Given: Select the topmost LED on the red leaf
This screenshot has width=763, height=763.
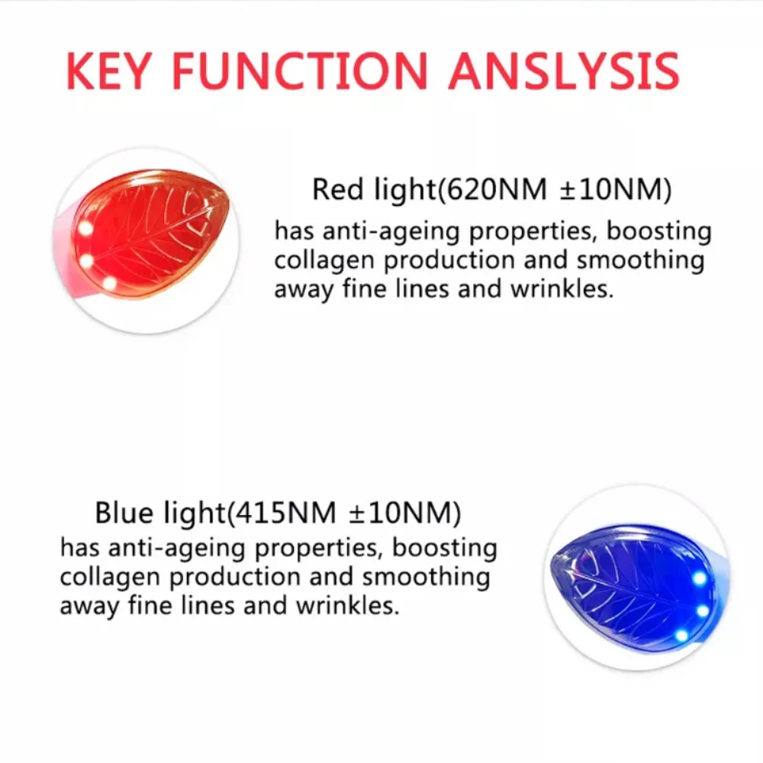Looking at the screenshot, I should coord(85,228).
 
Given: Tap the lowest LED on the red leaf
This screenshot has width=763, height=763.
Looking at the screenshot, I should coord(109,283).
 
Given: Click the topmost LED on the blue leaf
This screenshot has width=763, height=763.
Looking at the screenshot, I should coord(699,578).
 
